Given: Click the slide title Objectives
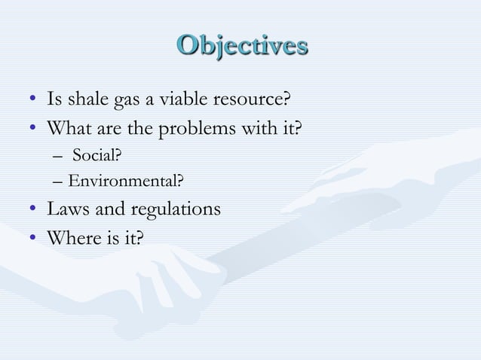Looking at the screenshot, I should pos(242,44).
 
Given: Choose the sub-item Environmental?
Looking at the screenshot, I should pos(125,181).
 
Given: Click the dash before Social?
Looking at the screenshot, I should pos(60,157).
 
